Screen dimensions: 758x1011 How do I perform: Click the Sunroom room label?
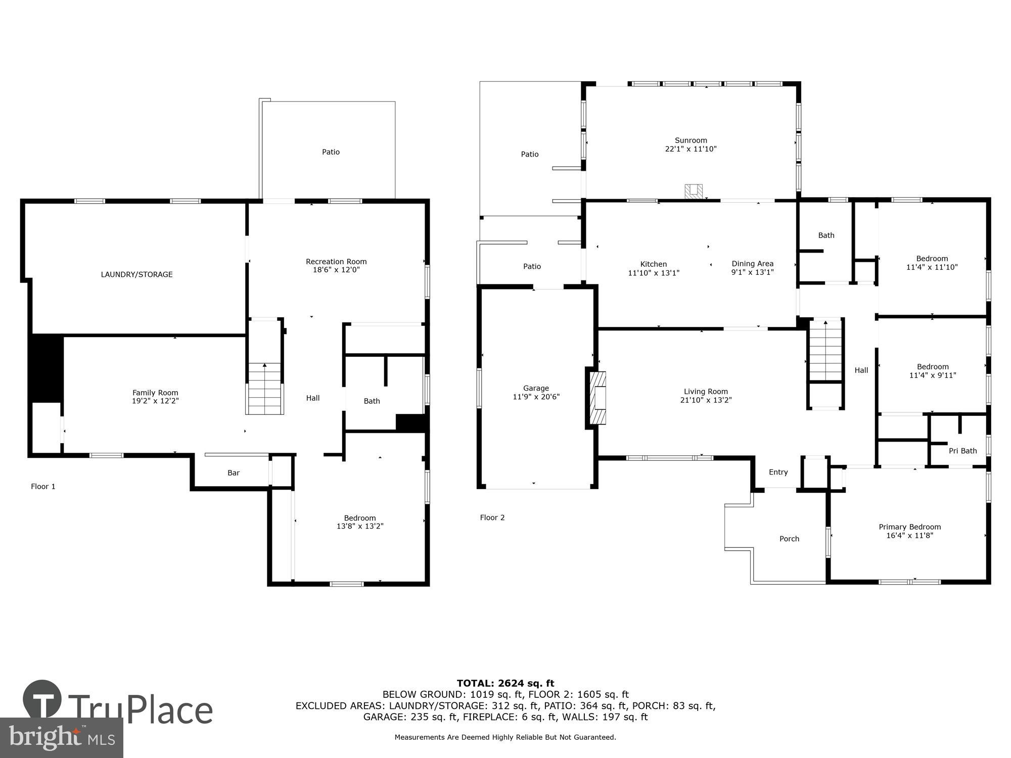pyautogui.click(x=691, y=140)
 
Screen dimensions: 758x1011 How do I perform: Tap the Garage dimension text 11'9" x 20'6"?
pyautogui.click(x=536, y=397)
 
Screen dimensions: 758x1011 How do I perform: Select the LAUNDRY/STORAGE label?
pyautogui.click(x=136, y=274)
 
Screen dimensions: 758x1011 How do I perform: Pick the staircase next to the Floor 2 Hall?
pyautogui.click(x=825, y=350)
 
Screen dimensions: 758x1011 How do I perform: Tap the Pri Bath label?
pyautogui.click(x=962, y=451)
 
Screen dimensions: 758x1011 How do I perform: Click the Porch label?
pyautogui.click(x=789, y=539)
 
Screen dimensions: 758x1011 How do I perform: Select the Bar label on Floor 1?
pyautogui.click(x=233, y=473)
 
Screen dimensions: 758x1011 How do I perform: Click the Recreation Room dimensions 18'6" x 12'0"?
pyautogui.click(x=336, y=270)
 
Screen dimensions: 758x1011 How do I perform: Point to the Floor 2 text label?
pyautogui.click(x=492, y=517)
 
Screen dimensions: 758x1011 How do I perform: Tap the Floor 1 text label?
pyautogui.click(x=43, y=487)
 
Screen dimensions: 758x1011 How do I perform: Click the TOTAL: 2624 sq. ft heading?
pyautogui.click(x=505, y=684)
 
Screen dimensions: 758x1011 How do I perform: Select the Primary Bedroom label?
pyautogui.click(x=909, y=527)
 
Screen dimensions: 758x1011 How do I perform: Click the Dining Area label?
pyautogui.click(x=752, y=264)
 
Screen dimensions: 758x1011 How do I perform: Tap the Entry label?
pyautogui.click(x=778, y=472)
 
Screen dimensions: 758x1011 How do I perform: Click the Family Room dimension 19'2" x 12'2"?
pyautogui.click(x=155, y=401)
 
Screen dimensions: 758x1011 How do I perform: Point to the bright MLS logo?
pyautogui.click(x=61, y=738)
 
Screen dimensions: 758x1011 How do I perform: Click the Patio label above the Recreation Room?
pyautogui.click(x=331, y=152)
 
